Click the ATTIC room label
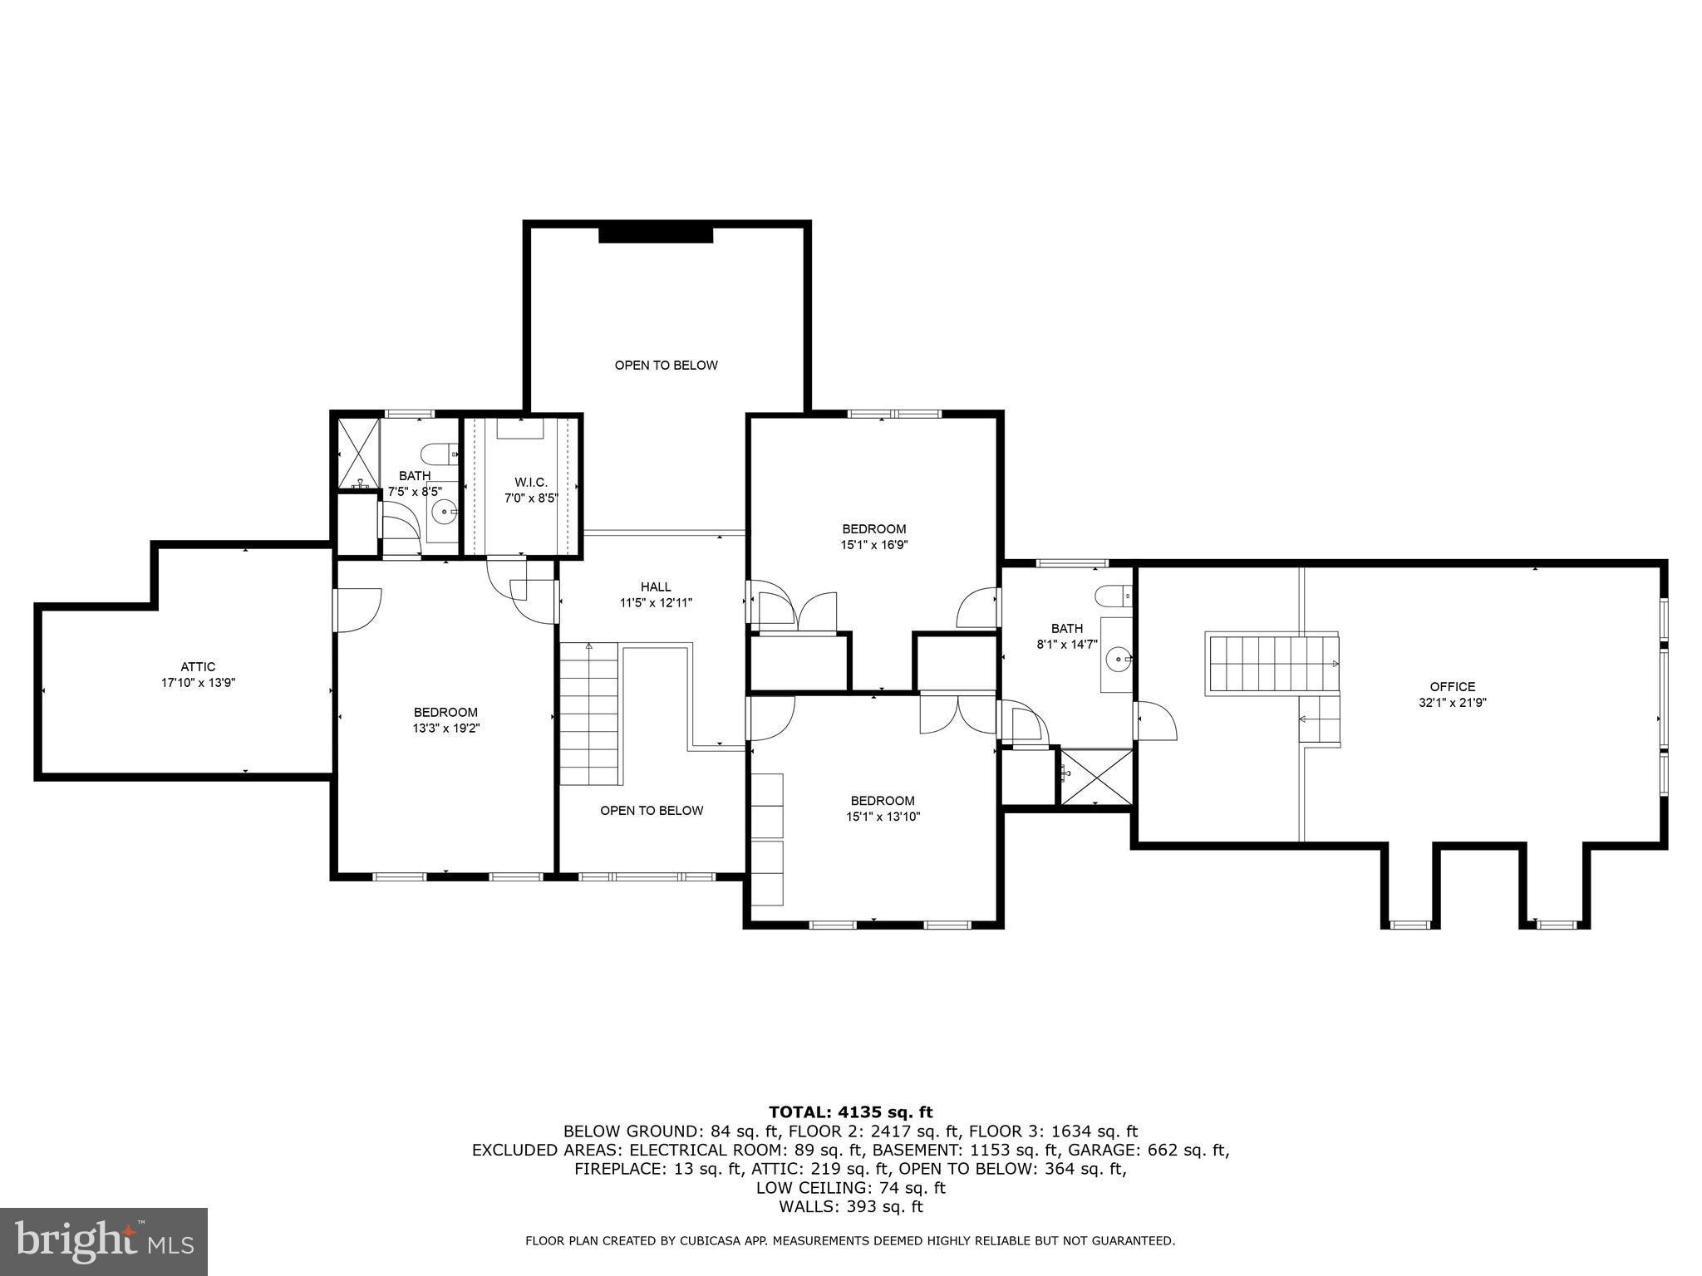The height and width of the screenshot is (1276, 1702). (x=198, y=666)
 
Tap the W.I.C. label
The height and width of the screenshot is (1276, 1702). (x=531, y=483)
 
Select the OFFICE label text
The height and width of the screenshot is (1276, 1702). (x=1452, y=686)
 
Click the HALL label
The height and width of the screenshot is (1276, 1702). (x=656, y=586)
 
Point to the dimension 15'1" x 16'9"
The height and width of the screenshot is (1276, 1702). (x=873, y=545)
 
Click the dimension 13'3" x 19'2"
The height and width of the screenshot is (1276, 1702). (x=445, y=729)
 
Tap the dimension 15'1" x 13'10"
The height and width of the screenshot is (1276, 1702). (x=882, y=817)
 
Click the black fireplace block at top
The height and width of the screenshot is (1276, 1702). (x=656, y=235)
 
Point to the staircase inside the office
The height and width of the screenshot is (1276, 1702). (x=1272, y=664)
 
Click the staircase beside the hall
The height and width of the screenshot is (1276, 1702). (x=589, y=714)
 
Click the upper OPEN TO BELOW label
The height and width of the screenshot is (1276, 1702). (x=666, y=366)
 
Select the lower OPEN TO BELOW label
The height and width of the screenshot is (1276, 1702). (x=652, y=811)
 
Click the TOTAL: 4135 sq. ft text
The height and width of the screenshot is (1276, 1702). (x=850, y=1112)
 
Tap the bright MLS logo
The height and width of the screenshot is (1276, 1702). (x=104, y=1242)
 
